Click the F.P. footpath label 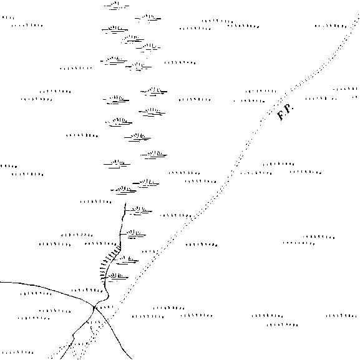[x=285, y=112]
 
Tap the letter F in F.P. [x=281, y=115]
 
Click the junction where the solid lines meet [x=94, y=307]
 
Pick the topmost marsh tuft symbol [x=117, y=6]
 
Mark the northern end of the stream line [x=125, y=203]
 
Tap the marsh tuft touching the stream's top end [x=139, y=210]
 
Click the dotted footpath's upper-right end [x=358, y=15]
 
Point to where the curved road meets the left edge [x=1, y=282]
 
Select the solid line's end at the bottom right [x=132, y=359]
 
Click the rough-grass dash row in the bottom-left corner [x=17, y=352]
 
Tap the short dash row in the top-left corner [x=8, y=17]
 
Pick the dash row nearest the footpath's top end [x=331, y=26]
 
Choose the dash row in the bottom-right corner [x=341, y=316]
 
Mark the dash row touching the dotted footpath [x=176, y=216]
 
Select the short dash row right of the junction [x=105, y=307]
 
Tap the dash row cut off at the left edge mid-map [x=9, y=166]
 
